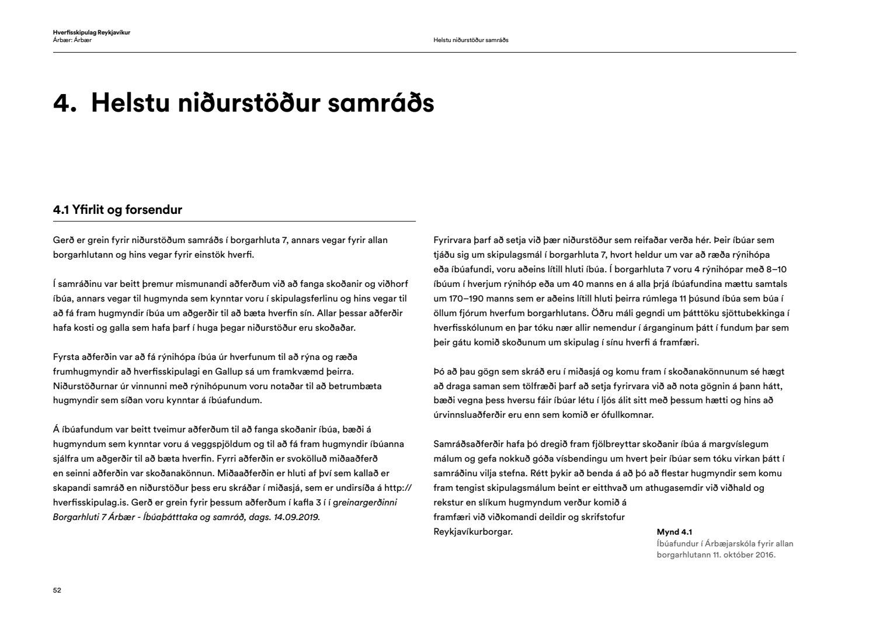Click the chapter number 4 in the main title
pyautogui.click(x=61, y=103)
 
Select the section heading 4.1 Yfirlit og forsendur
pyautogui.click(x=117, y=210)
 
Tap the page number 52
pyautogui.click(x=57, y=590)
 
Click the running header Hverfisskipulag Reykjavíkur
pyautogui.click(x=91, y=33)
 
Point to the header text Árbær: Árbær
pyautogui.click(x=72, y=40)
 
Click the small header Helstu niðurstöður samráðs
pyautogui.click(x=471, y=40)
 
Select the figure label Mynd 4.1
pyautogui.click(x=674, y=532)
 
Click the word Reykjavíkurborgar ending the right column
pyautogui.click(x=473, y=532)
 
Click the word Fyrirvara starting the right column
pyautogui.click(x=455, y=240)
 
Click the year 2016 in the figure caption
pyautogui.click(x=765, y=555)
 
